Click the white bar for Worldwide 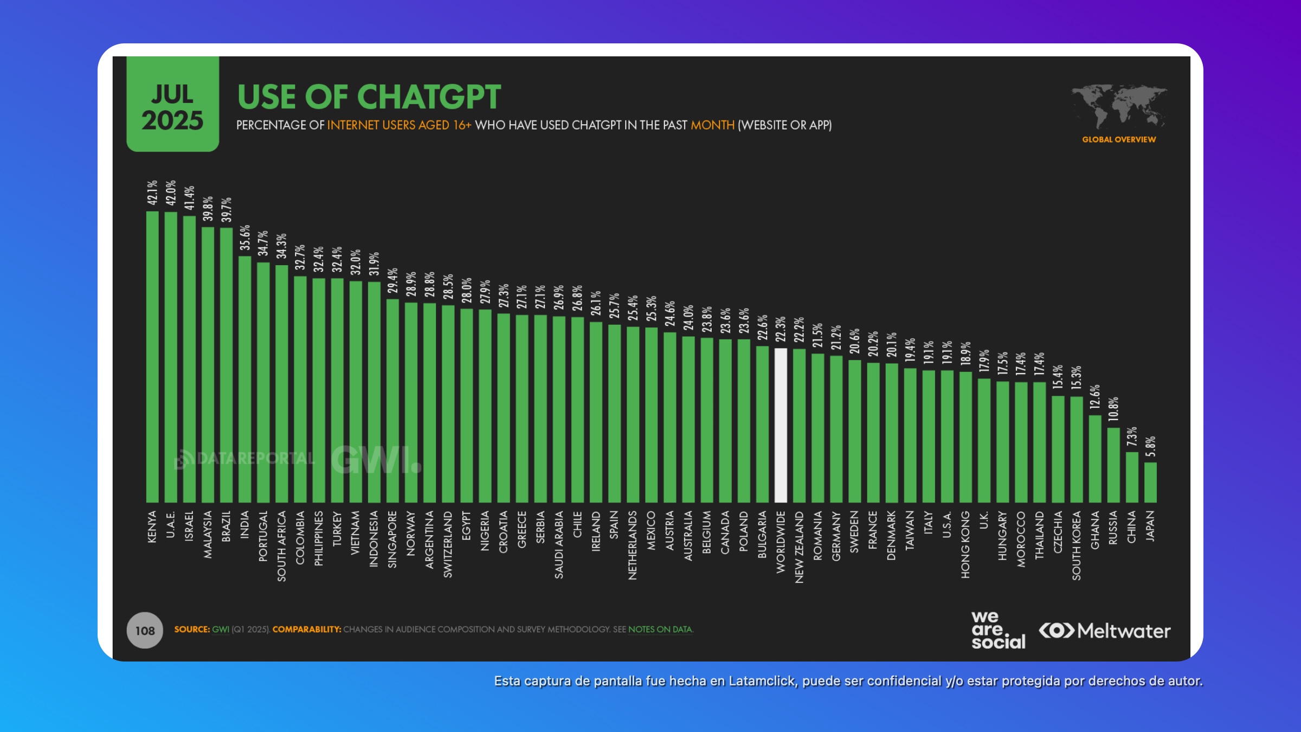[x=781, y=425]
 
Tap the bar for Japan [x=1150, y=482]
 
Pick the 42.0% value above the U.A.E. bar [x=171, y=192]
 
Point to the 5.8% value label [x=1150, y=446]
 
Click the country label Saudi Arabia [x=559, y=544]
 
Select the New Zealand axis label [x=799, y=547]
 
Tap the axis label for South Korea [x=1076, y=545]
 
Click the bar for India [x=244, y=379]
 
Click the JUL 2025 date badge [x=173, y=104]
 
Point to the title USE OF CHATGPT [x=369, y=97]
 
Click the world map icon [x=1119, y=106]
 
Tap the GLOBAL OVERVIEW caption [x=1119, y=139]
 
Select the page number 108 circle [x=145, y=631]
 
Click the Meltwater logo [x=1105, y=631]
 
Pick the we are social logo [x=998, y=630]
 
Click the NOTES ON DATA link [x=660, y=630]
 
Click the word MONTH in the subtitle [x=712, y=125]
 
